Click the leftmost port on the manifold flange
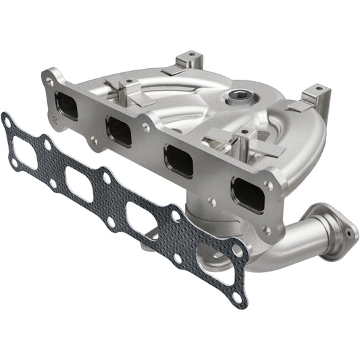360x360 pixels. point(66,105)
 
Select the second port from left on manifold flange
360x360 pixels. point(119,132)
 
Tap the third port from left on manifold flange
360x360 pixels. point(178,161)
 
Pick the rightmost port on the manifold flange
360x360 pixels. point(247,194)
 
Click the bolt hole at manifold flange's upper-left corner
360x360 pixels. point(50,82)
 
